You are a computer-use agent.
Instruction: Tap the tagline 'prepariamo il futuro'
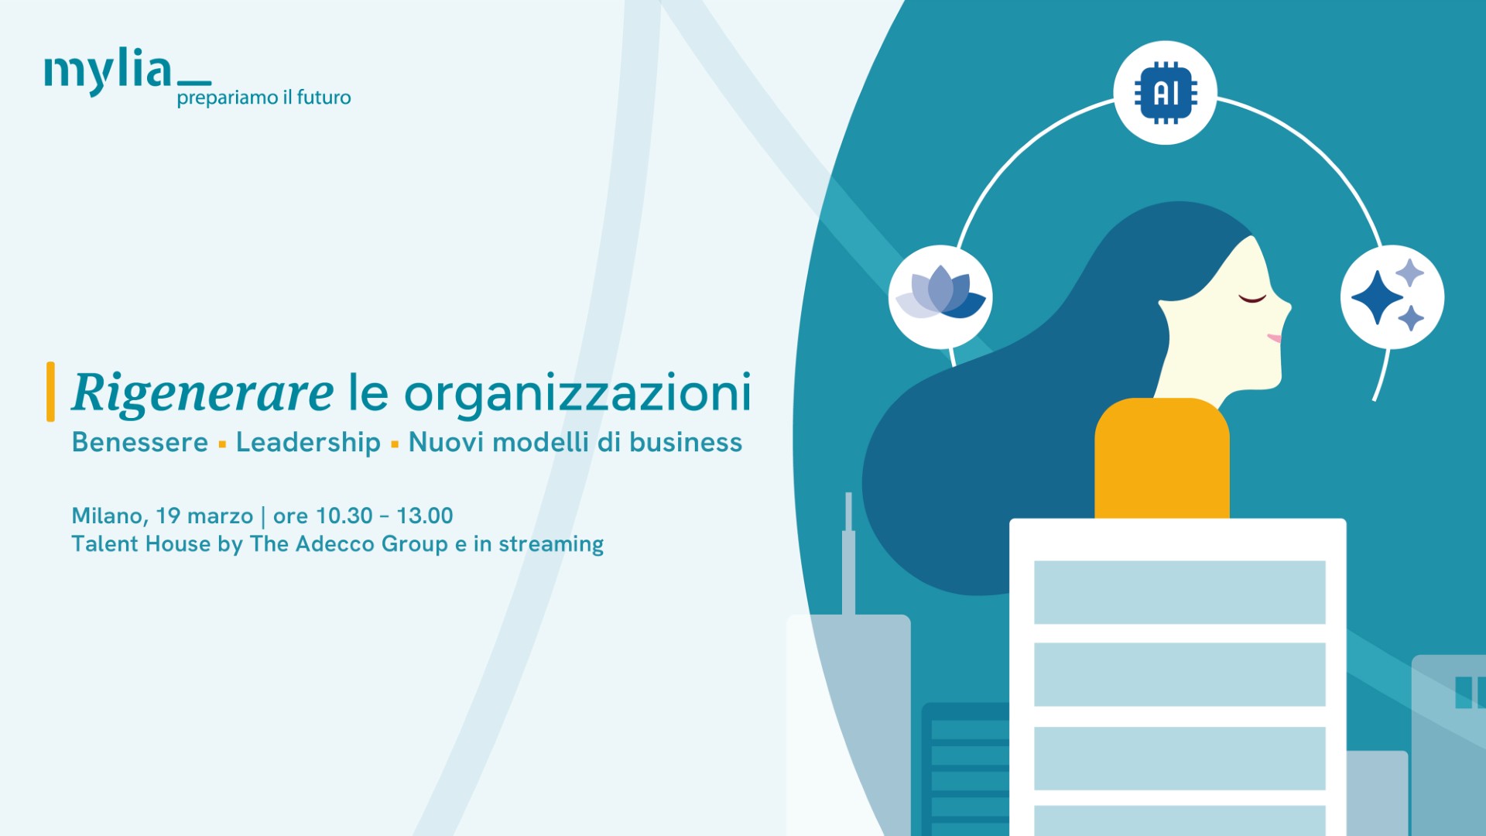pos(264,98)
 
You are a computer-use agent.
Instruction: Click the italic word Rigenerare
pos(203,393)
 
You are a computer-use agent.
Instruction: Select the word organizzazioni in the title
pos(577,393)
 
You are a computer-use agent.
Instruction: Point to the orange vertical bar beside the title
pos(50,392)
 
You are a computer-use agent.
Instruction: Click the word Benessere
pos(140,442)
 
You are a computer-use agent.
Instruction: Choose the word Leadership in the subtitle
pos(308,443)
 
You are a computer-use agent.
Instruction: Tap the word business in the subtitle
pos(686,442)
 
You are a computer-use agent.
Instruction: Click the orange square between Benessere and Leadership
pos(222,444)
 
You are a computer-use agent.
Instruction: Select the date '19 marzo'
pos(204,516)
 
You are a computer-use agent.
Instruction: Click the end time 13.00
pos(425,516)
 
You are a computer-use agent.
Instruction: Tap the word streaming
pos(551,544)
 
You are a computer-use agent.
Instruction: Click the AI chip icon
pos(1166,93)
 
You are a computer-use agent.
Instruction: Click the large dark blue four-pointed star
pos(1377,297)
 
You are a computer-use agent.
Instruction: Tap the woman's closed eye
pos(1252,298)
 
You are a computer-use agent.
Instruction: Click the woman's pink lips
pos(1274,338)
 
